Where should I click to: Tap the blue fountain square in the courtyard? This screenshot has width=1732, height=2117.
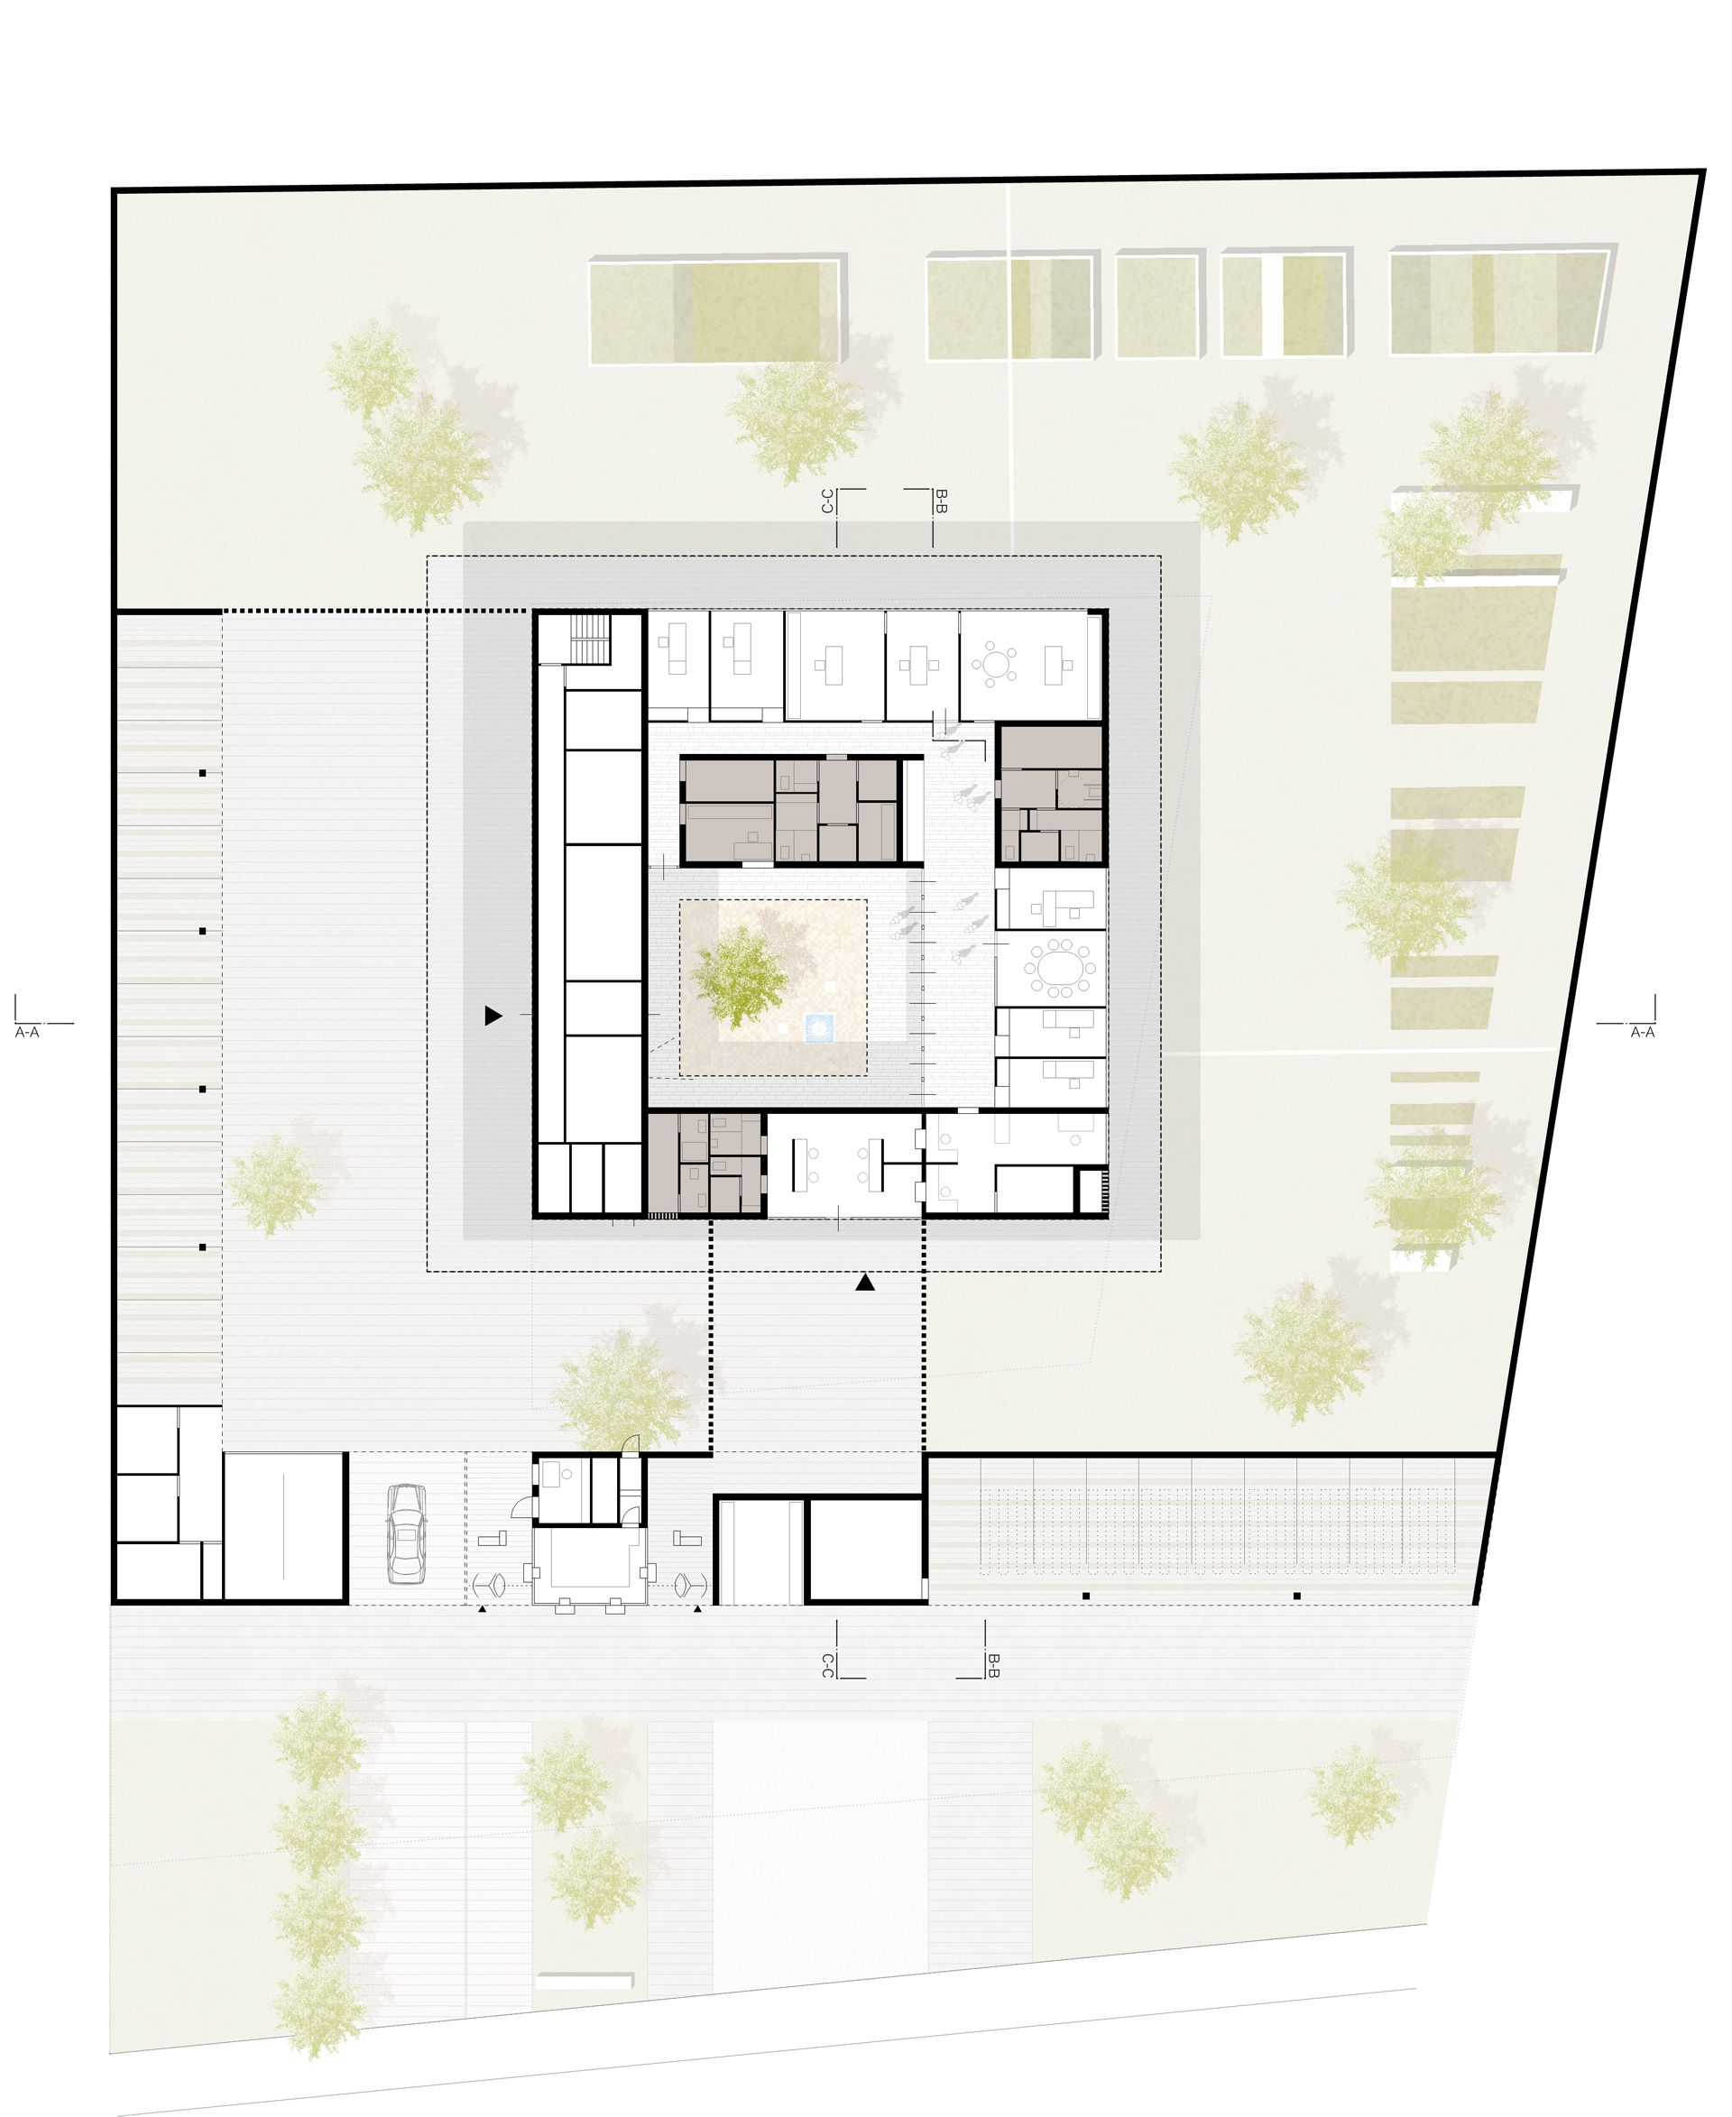click(820, 1027)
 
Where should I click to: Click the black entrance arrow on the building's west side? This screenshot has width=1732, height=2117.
click(493, 1017)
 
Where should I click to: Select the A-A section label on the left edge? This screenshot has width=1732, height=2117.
click(27, 1033)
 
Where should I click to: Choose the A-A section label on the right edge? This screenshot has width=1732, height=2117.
click(1642, 1033)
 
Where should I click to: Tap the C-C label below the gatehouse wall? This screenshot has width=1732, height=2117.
click(827, 1665)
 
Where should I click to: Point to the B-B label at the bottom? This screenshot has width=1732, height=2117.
click(994, 1665)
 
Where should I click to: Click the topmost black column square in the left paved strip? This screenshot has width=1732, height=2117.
click(203, 773)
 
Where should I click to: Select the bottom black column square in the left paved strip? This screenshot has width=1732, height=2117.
click(203, 1247)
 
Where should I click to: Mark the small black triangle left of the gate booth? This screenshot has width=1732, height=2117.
click(482, 1609)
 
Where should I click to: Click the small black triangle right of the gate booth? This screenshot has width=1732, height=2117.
click(698, 1609)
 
